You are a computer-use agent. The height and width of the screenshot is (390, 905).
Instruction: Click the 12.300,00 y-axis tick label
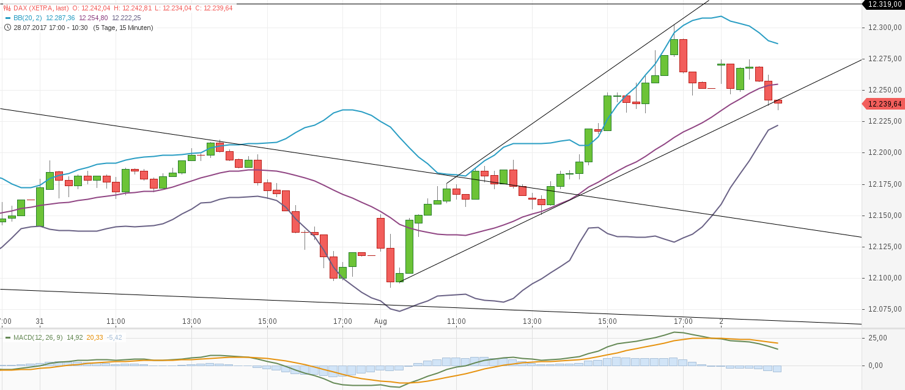[x=884, y=28]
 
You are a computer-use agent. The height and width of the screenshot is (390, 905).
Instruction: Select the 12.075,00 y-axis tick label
[x=884, y=309]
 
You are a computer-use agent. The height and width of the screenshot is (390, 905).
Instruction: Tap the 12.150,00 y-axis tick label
[x=884, y=216]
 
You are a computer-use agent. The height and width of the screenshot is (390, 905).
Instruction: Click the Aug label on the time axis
[x=380, y=321]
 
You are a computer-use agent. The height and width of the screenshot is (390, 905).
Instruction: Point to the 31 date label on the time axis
[x=40, y=321]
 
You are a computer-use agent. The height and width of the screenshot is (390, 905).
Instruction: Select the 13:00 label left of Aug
[x=191, y=321]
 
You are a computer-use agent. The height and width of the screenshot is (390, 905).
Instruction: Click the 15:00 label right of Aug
[x=607, y=321]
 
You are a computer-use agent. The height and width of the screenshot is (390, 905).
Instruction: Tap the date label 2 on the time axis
[x=722, y=321]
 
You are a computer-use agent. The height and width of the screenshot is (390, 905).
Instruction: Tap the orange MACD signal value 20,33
[x=95, y=337]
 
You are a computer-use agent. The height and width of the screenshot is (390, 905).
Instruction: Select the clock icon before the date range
[x=7, y=28]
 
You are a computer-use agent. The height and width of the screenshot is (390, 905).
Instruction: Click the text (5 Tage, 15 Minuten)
[x=123, y=28]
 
